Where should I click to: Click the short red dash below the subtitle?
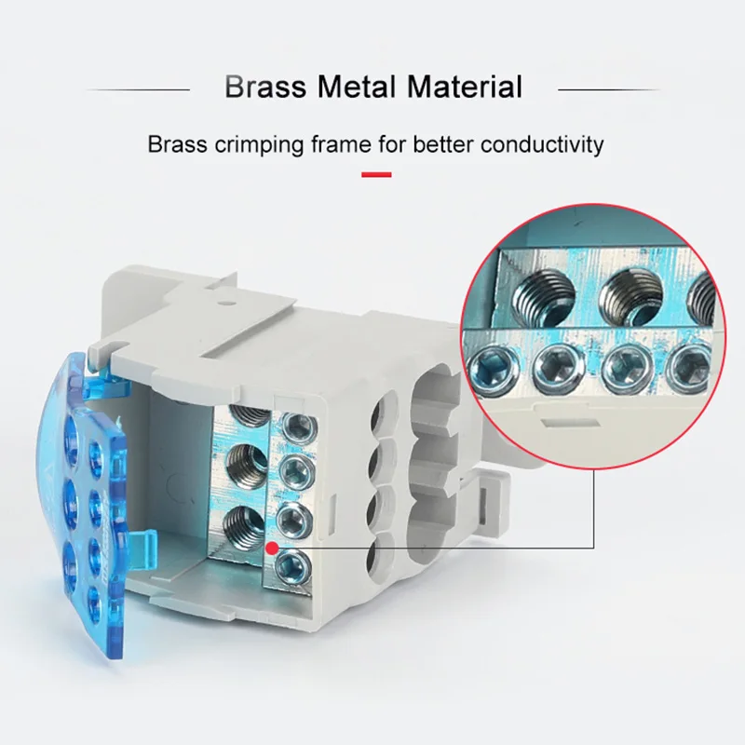[x=375, y=174]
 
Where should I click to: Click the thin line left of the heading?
[x=140, y=89]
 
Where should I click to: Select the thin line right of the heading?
[x=607, y=89]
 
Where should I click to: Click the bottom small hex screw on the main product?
[x=295, y=561]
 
